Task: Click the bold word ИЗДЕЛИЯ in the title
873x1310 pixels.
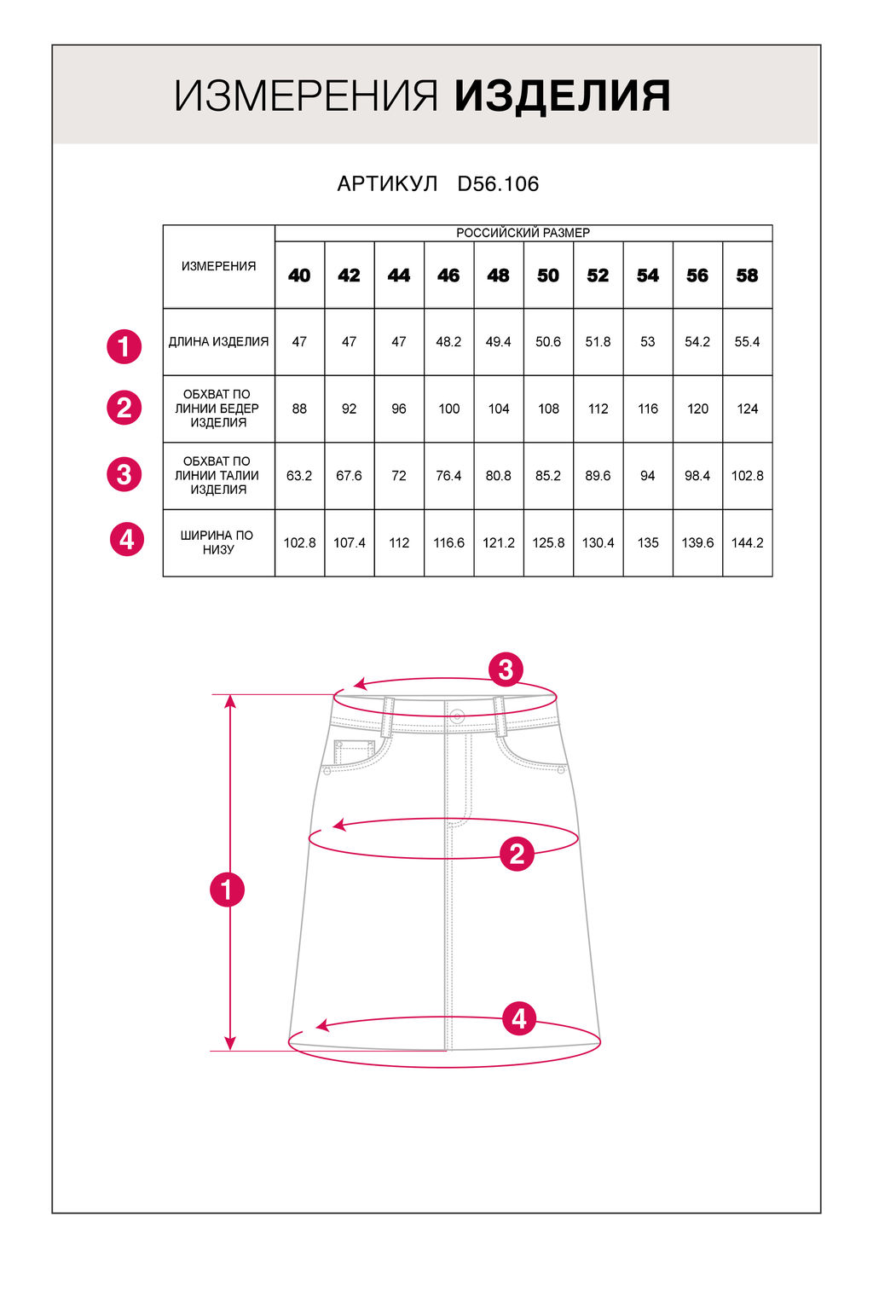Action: coord(562,96)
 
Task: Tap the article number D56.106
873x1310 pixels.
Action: coord(498,183)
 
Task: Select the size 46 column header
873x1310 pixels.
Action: coord(448,275)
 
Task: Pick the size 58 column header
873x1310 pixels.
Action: coord(748,275)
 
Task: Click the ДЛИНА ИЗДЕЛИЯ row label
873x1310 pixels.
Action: coord(219,341)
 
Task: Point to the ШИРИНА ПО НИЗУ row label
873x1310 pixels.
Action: coord(217,542)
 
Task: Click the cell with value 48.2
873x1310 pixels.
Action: coord(448,341)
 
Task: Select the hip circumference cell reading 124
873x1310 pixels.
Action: coord(748,409)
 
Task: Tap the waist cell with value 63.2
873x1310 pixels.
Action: coord(299,475)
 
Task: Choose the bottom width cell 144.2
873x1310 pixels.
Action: coord(748,542)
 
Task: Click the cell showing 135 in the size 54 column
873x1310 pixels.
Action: coord(648,542)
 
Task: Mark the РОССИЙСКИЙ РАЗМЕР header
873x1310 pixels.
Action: coord(523,233)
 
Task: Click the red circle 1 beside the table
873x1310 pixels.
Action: coord(124,346)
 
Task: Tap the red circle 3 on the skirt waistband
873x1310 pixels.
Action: coord(506,669)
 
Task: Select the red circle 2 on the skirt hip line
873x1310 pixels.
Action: coord(517,854)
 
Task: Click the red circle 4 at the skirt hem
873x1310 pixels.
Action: coord(519,1019)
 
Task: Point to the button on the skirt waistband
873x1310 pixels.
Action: coord(457,716)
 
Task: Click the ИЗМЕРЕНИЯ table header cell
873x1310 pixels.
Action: coord(219,266)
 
